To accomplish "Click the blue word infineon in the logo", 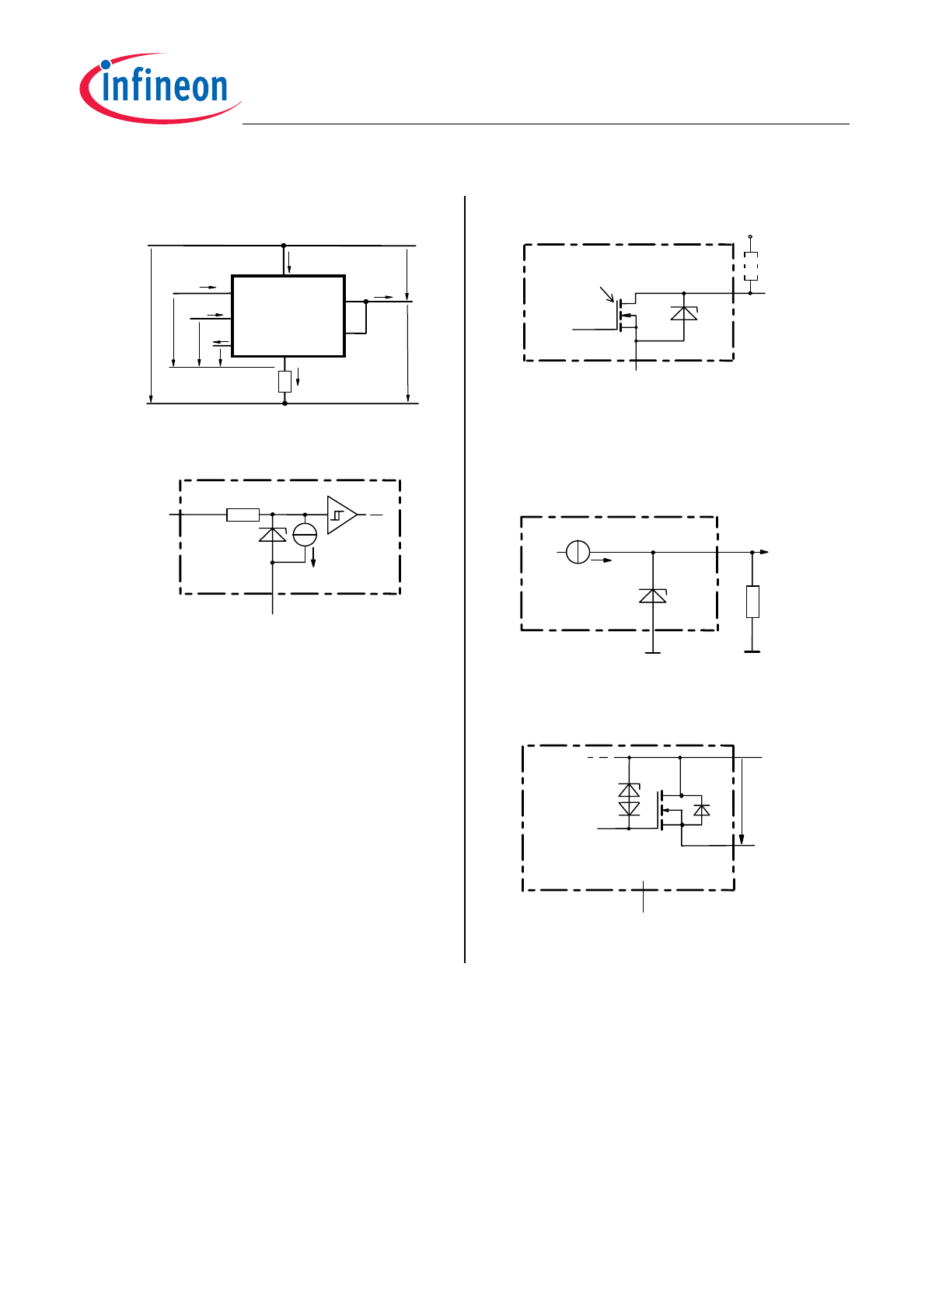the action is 164,87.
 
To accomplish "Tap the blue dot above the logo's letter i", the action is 105,65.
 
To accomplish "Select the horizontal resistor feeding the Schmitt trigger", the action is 243,515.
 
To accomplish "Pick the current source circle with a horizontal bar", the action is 305,534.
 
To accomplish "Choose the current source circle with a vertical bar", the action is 578,552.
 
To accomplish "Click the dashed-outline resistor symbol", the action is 750,267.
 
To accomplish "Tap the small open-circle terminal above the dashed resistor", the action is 750,236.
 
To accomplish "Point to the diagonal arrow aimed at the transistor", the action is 607,295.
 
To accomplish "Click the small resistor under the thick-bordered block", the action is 284,381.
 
